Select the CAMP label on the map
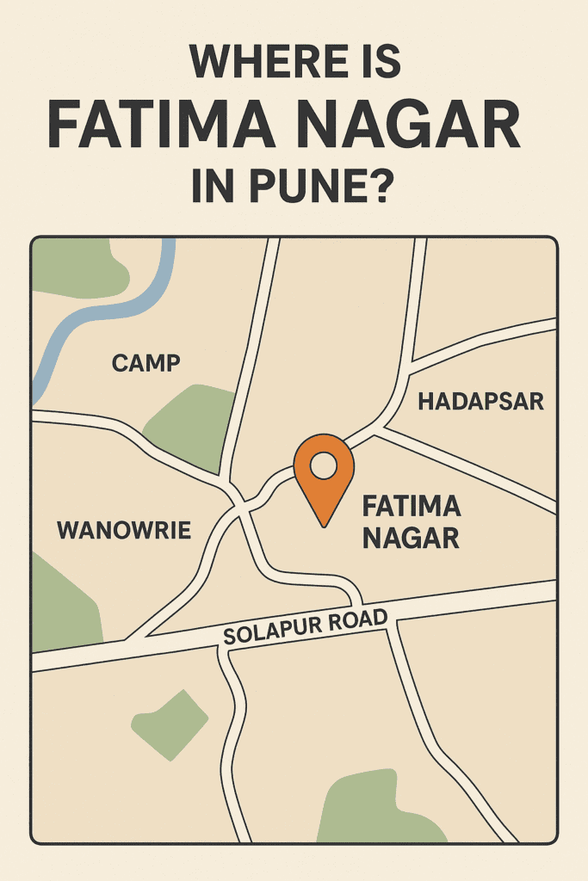[146, 363]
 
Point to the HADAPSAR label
[480, 401]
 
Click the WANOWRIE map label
[124, 530]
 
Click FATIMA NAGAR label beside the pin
[412, 521]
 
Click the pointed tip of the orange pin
[324, 524]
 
